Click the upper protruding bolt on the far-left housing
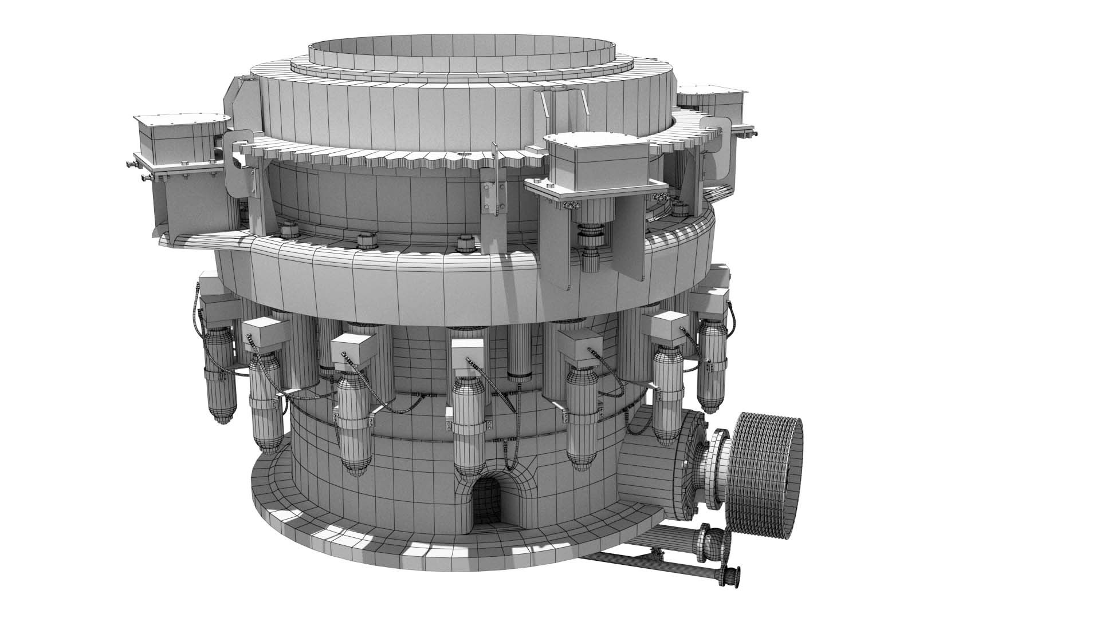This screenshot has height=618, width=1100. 131,166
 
